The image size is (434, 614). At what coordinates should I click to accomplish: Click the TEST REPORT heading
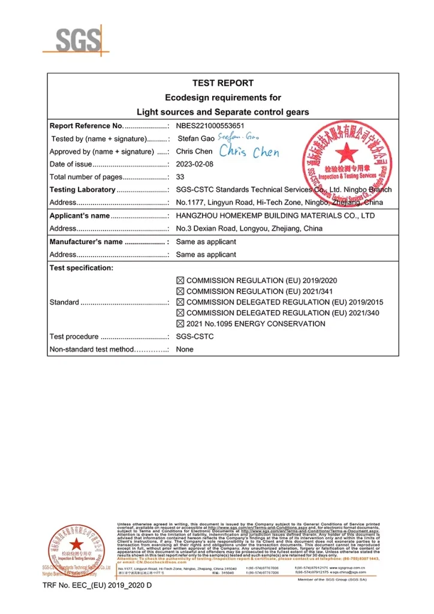(222, 83)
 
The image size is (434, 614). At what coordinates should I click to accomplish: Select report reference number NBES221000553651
(210, 126)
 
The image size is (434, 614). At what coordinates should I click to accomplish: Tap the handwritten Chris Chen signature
(249, 152)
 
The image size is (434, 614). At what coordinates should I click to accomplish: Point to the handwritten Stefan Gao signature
(228, 138)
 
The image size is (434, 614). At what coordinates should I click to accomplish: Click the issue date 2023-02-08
(195, 164)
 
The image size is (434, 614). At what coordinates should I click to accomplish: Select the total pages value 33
(180, 177)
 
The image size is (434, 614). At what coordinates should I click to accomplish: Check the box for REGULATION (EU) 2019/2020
(180, 281)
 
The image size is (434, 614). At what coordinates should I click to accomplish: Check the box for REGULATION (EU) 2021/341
(180, 291)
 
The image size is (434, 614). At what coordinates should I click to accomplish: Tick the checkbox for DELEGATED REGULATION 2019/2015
(180, 302)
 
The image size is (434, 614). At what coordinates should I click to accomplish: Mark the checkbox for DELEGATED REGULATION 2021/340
(180, 313)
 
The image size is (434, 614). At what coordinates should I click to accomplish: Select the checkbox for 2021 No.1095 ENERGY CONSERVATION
(180, 324)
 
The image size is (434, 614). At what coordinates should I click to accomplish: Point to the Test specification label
(81, 268)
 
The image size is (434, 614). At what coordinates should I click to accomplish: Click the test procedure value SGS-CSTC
(194, 336)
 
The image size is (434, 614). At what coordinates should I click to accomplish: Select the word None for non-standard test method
(185, 349)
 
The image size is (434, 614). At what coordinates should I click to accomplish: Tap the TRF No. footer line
(97, 585)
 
